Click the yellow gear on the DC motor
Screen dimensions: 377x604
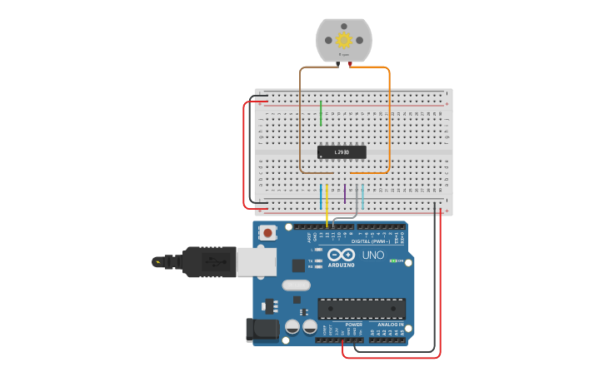[x=343, y=40]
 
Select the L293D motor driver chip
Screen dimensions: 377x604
[x=342, y=152]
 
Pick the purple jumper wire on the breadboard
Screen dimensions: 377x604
[x=345, y=194]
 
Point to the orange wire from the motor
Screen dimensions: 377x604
[x=389, y=117]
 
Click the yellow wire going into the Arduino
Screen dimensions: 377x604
[x=327, y=208]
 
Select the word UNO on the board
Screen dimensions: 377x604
[x=373, y=255]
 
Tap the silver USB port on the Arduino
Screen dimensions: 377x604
[x=256, y=261]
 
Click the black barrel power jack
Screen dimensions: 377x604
[x=262, y=330]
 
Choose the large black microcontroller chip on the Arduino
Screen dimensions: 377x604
[x=362, y=309]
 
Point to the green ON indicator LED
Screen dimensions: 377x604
[x=392, y=260]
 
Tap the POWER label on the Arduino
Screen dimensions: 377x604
[x=342, y=325]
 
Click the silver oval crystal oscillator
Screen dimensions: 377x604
[x=296, y=285]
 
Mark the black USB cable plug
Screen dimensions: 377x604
[x=208, y=261]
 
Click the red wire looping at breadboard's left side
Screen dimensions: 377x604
[x=244, y=154]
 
